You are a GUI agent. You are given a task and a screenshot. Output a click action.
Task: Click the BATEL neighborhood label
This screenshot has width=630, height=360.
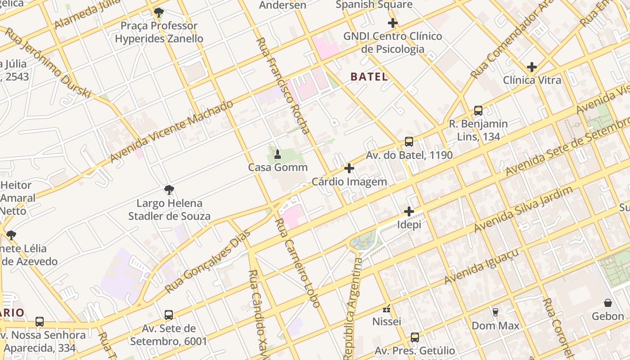(369, 77)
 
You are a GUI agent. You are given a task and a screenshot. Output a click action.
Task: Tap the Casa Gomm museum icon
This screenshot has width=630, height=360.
(278, 155)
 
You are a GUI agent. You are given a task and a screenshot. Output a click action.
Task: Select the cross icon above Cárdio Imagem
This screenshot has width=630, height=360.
(349, 169)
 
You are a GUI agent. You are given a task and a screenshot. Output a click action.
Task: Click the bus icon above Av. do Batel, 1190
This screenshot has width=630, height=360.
(409, 142)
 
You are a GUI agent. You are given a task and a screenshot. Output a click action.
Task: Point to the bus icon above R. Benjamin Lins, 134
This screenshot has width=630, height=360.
(478, 111)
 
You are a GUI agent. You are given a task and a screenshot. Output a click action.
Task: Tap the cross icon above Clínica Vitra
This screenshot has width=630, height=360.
(532, 67)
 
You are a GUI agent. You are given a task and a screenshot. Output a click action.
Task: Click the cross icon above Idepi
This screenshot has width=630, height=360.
(409, 211)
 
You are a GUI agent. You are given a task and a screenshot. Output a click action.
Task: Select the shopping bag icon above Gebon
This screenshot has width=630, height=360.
(607, 303)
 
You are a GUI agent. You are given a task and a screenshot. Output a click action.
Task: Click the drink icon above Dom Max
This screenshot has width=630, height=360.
(495, 312)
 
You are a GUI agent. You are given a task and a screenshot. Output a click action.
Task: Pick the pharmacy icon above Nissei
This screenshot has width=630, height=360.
(387, 309)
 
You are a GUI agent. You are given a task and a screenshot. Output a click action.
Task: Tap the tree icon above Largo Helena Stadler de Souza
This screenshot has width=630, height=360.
(169, 190)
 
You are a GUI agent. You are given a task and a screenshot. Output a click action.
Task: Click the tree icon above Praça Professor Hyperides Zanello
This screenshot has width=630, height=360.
(158, 12)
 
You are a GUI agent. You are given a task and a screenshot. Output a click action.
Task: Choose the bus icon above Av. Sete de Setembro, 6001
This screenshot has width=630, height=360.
(169, 315)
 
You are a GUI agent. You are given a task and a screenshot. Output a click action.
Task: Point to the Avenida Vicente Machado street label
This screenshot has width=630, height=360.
(172, 131)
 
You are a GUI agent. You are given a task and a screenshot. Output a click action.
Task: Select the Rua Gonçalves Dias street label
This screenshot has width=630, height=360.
(207, 261)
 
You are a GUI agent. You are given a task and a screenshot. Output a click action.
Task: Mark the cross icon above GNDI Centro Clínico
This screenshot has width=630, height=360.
(393, 23)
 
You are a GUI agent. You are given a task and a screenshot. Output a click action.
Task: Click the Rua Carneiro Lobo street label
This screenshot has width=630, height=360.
(297, 263)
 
